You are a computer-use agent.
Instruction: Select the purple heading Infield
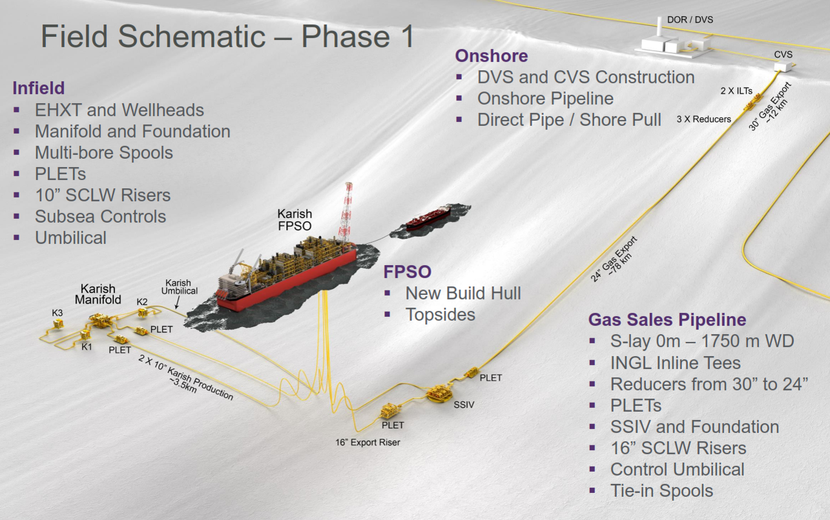click(x=39, y=88)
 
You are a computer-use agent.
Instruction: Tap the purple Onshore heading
click(x=492, y=56)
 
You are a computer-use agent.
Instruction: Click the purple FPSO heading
click(x=407, y=271)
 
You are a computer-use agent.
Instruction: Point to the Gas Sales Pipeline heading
click(x=667, y=320)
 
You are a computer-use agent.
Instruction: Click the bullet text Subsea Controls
click(x=100, y=216)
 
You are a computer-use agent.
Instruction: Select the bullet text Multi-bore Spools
click(x=104, y=152)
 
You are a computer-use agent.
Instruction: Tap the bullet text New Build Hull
click(x=463, y=293)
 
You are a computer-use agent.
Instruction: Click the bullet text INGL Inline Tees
click(x=675, y=363)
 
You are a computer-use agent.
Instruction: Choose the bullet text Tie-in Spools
click(x=661, y=490)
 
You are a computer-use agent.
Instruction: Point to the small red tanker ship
click(x=427, y=217)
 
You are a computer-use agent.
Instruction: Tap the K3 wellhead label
click(x=57, y=313)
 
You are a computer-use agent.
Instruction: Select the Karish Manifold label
click(x=99, y=294)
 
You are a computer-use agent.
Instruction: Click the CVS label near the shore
click(x=783, y=55)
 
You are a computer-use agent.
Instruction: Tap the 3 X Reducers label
click(x=703, y=119)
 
